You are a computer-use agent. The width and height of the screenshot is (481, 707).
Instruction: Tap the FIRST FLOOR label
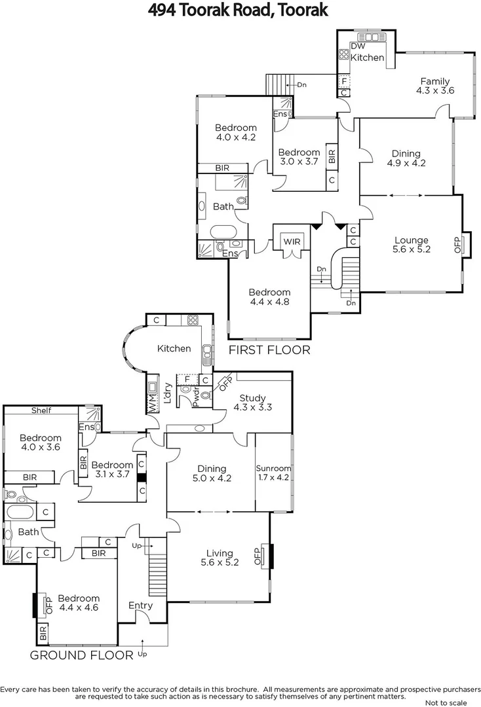click(269, 350)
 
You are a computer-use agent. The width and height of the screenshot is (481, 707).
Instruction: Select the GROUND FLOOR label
click(81, 654)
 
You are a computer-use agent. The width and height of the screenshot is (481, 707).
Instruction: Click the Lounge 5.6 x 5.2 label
click(412, 245)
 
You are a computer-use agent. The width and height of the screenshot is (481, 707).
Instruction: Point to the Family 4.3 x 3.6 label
click(435, 86)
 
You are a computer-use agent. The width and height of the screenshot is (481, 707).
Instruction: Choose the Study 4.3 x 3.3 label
click(252, 403)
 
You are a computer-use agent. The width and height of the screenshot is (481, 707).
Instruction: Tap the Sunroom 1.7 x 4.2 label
click(273, 473)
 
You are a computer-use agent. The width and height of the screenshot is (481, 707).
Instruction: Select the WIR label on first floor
click(292, 242)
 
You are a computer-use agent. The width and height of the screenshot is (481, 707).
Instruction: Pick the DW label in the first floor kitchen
click(358, 46)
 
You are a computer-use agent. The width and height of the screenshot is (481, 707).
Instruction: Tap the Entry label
click(140, 606)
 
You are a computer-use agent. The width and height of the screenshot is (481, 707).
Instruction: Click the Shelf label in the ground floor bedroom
click(41, 410)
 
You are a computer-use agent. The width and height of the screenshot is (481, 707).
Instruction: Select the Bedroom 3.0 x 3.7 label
click(299, 157)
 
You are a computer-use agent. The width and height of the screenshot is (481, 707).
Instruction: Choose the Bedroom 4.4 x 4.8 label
click(269, 297)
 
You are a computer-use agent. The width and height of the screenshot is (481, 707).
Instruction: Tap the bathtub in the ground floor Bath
click(21, 511)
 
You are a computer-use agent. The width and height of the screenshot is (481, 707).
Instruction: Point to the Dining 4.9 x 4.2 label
click(406, 158)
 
